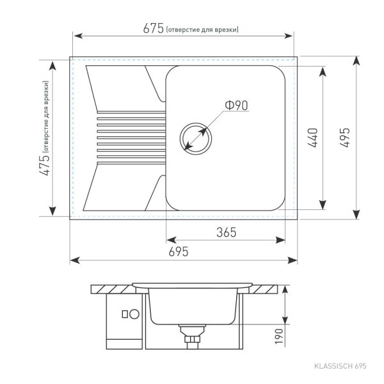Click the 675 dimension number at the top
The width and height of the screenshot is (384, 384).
[154, 28]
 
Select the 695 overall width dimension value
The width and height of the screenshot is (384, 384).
[179, 252]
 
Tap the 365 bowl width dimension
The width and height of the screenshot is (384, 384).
[227, 232]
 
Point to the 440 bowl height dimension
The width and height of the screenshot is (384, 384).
[313, 138]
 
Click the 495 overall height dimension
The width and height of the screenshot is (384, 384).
[344, 138]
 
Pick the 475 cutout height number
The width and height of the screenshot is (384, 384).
[45, 165]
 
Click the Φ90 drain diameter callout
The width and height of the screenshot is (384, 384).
[236, 105]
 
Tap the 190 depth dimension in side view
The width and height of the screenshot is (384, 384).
[278, 336]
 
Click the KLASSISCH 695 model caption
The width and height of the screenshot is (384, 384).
[340, 366]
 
